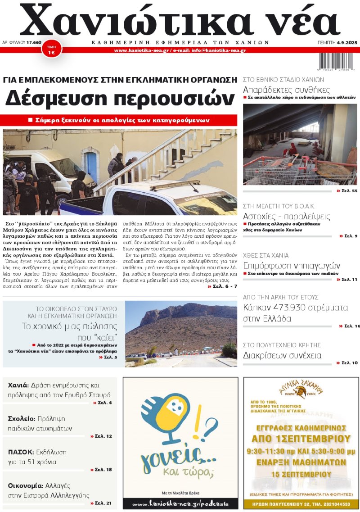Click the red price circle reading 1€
[x=51, y=50]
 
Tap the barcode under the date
[x=336, y=60]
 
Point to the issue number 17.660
[x=34, y=42]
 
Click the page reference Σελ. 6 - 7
[x=222, y=286]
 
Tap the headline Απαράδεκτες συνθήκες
[x=286, y=90]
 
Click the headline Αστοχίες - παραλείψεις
[x=287, y=216]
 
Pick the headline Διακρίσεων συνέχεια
[x=282, y=355]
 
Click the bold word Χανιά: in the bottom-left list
[x=18, y=385]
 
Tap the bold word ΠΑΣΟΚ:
[x=21, y=452]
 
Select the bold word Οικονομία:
[x=26, y=486]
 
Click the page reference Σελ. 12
[x=103, y=436]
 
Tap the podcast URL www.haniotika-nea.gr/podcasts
[x=180, y=503]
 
